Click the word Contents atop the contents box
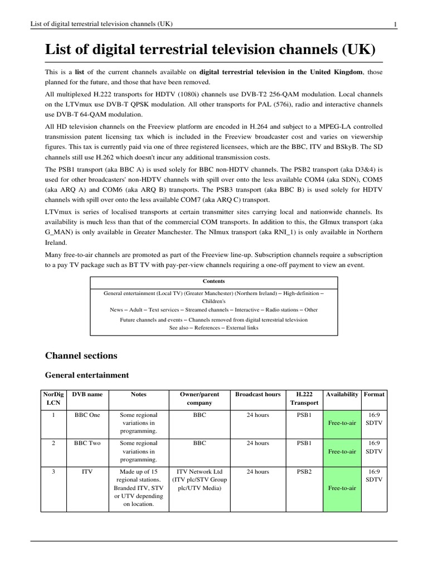point(213,281)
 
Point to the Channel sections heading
point(81,355)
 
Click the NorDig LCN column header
point(53,398)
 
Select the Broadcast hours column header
point(257,394)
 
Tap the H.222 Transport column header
point(304,398)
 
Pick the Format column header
point(374,394)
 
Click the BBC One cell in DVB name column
point(87,415)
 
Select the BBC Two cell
point(87,443)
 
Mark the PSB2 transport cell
point(304,471)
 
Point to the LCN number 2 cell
point(53,443)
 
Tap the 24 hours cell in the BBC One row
point(257,415)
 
